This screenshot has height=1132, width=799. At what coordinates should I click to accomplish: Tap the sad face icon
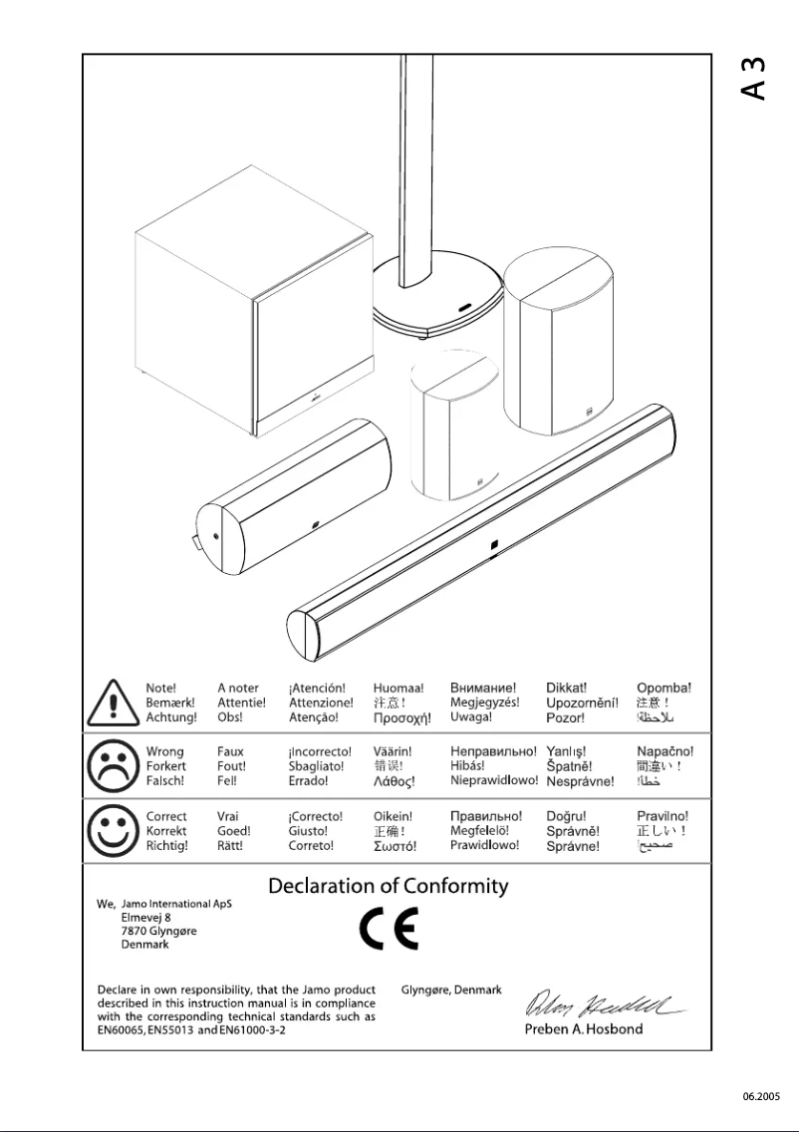[x=113, y=766]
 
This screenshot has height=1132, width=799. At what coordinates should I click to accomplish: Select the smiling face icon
[x=113, y=830]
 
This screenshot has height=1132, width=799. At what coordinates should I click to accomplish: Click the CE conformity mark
[x=389, y=929]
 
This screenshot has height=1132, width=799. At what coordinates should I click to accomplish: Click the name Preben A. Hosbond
[x=584, y=1029]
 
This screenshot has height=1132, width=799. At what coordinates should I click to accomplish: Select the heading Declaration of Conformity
[x=389, y=886]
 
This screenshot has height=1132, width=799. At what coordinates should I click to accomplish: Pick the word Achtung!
[x=171, y=717]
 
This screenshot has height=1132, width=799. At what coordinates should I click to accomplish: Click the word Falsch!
[x=166, y=781]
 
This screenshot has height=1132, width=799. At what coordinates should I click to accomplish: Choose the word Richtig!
[x=166, y=846]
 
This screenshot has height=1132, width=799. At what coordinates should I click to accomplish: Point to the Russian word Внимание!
[x=483, y=688]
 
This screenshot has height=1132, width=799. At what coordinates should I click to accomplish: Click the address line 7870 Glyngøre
[x=158, y=931]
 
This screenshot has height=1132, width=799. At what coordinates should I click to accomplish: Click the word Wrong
[x=164, y=751]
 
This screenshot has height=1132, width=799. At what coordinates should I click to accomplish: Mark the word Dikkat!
[x=566, y=688]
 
